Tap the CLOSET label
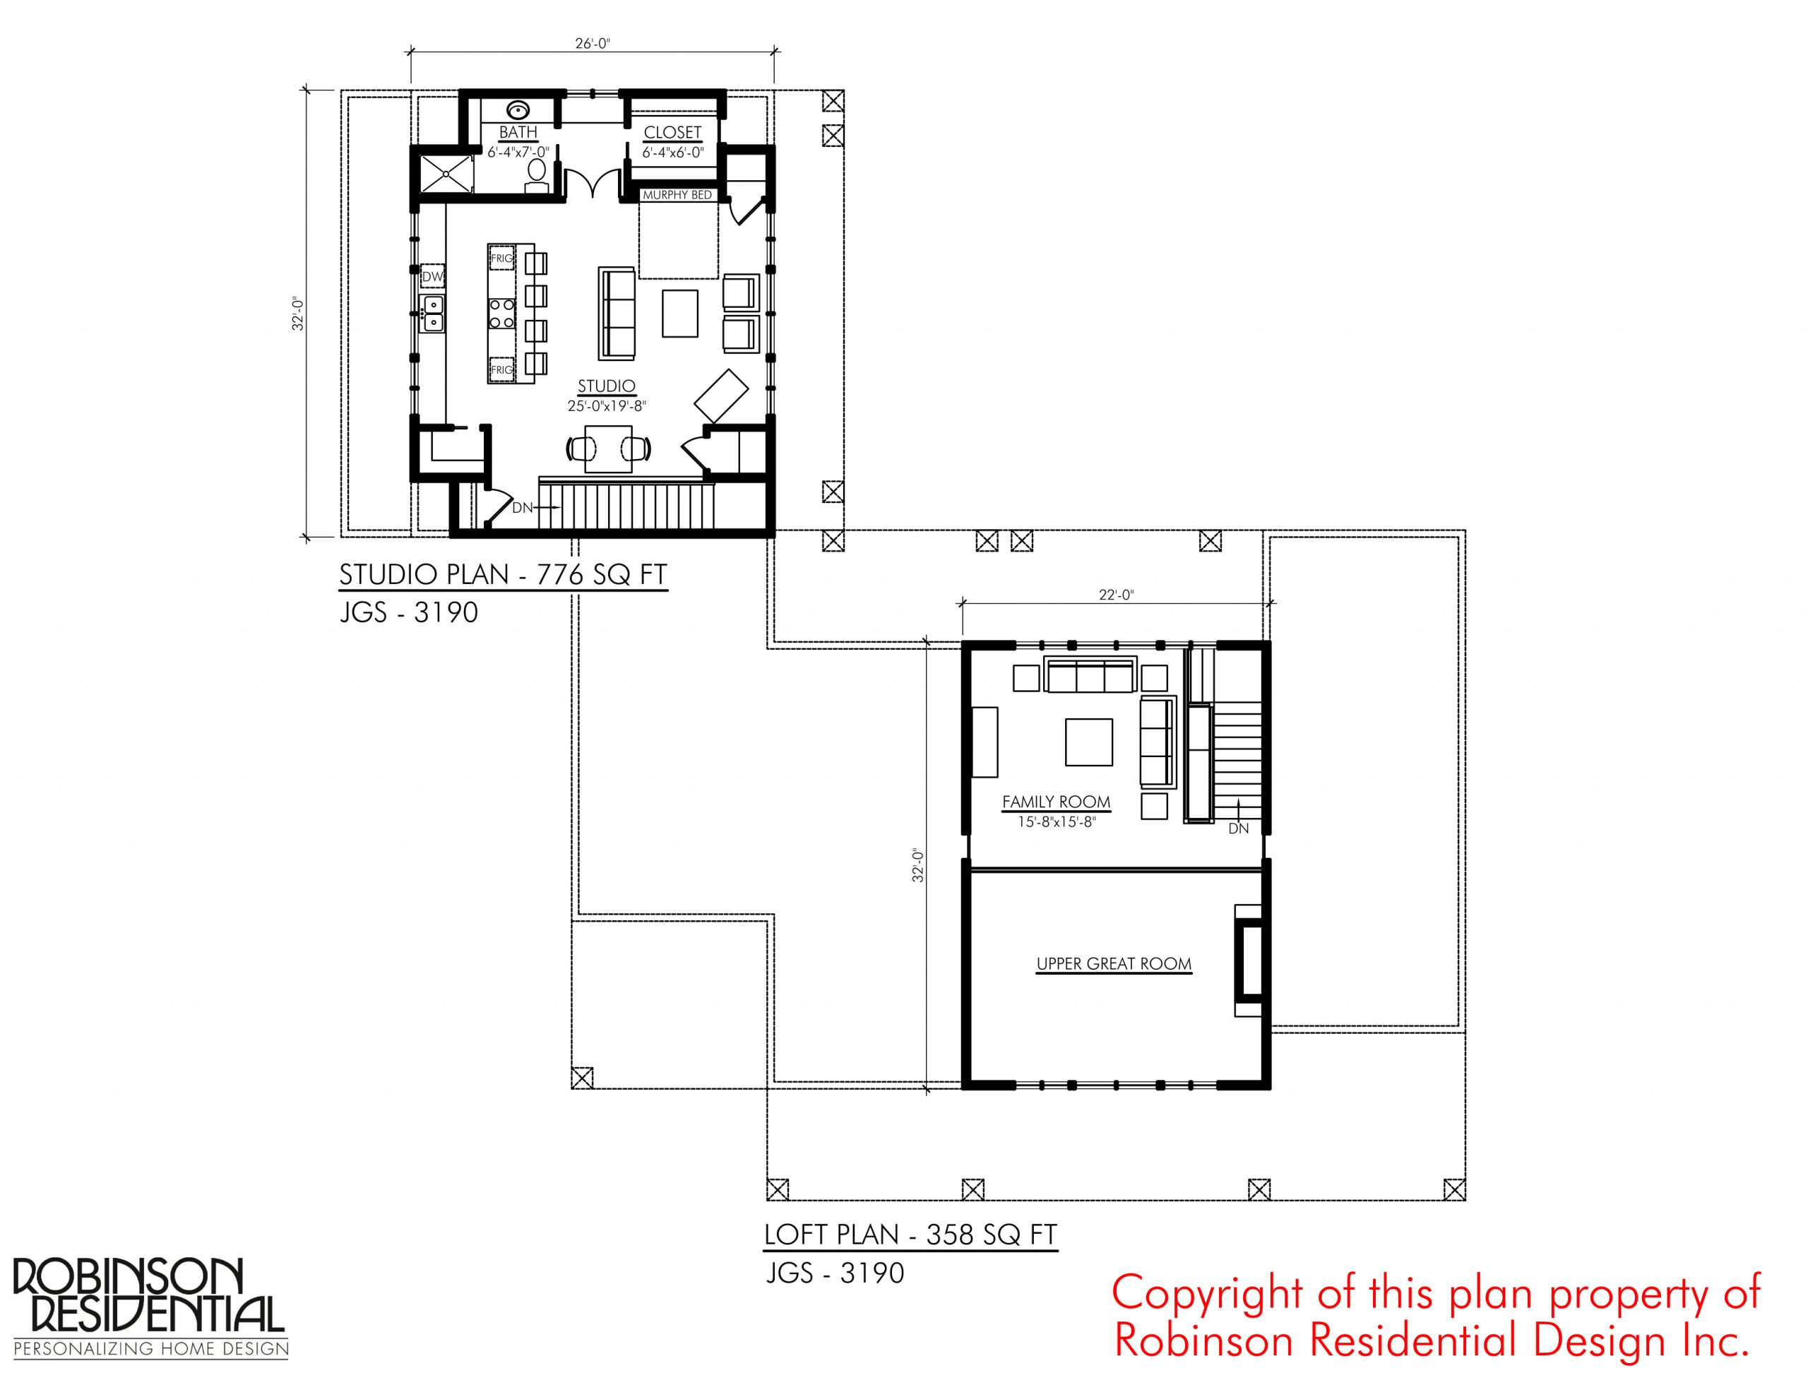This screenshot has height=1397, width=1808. pos(672,133)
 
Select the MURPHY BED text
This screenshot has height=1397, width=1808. pos(677,196)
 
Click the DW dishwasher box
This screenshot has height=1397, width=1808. pos(433,277)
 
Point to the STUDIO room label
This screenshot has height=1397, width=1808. pos(607,386)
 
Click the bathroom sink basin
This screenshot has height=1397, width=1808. pos(518,109)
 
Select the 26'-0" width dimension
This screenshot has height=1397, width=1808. pos(592,44)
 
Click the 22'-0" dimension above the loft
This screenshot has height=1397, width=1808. pos(1116,595)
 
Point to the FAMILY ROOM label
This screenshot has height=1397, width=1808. pos(1057,802)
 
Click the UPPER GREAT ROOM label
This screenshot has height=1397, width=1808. pos(1114,964)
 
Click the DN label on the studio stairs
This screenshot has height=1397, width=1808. pos(523,508)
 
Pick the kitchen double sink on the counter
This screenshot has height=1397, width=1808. pos(433,314)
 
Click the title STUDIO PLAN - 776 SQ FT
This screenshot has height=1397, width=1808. pos(504,575)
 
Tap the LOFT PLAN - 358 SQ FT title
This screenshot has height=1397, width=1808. pos(910,1235)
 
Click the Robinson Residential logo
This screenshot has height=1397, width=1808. pos(150,1309)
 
